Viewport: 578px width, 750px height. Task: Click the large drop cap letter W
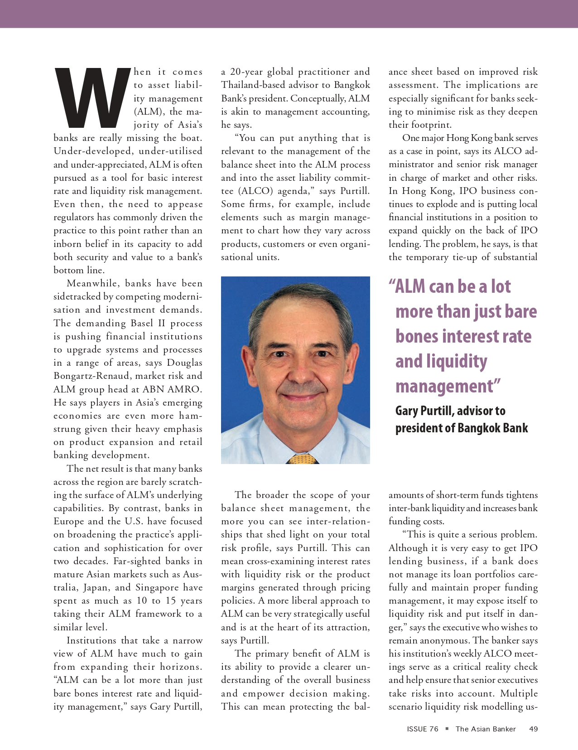[92, 97]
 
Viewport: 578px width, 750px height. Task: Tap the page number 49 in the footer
[533, 729]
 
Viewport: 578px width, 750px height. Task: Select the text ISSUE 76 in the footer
[422, 729]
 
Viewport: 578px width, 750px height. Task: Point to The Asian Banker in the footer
[486, 729]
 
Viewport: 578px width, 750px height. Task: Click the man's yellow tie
[301, 460]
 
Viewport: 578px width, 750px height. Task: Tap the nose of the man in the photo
[298, 371]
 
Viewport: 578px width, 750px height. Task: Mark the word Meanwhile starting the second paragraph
[93, 284]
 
